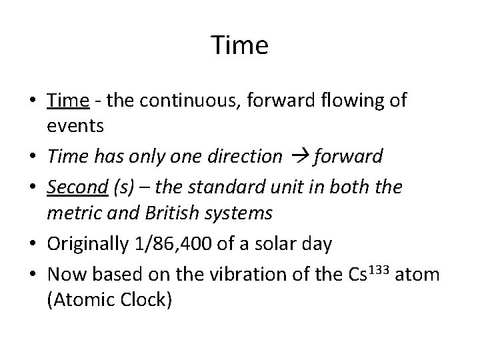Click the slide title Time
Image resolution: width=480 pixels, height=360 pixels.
[240, 46]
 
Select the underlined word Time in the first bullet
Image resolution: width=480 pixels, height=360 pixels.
[68, 101]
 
